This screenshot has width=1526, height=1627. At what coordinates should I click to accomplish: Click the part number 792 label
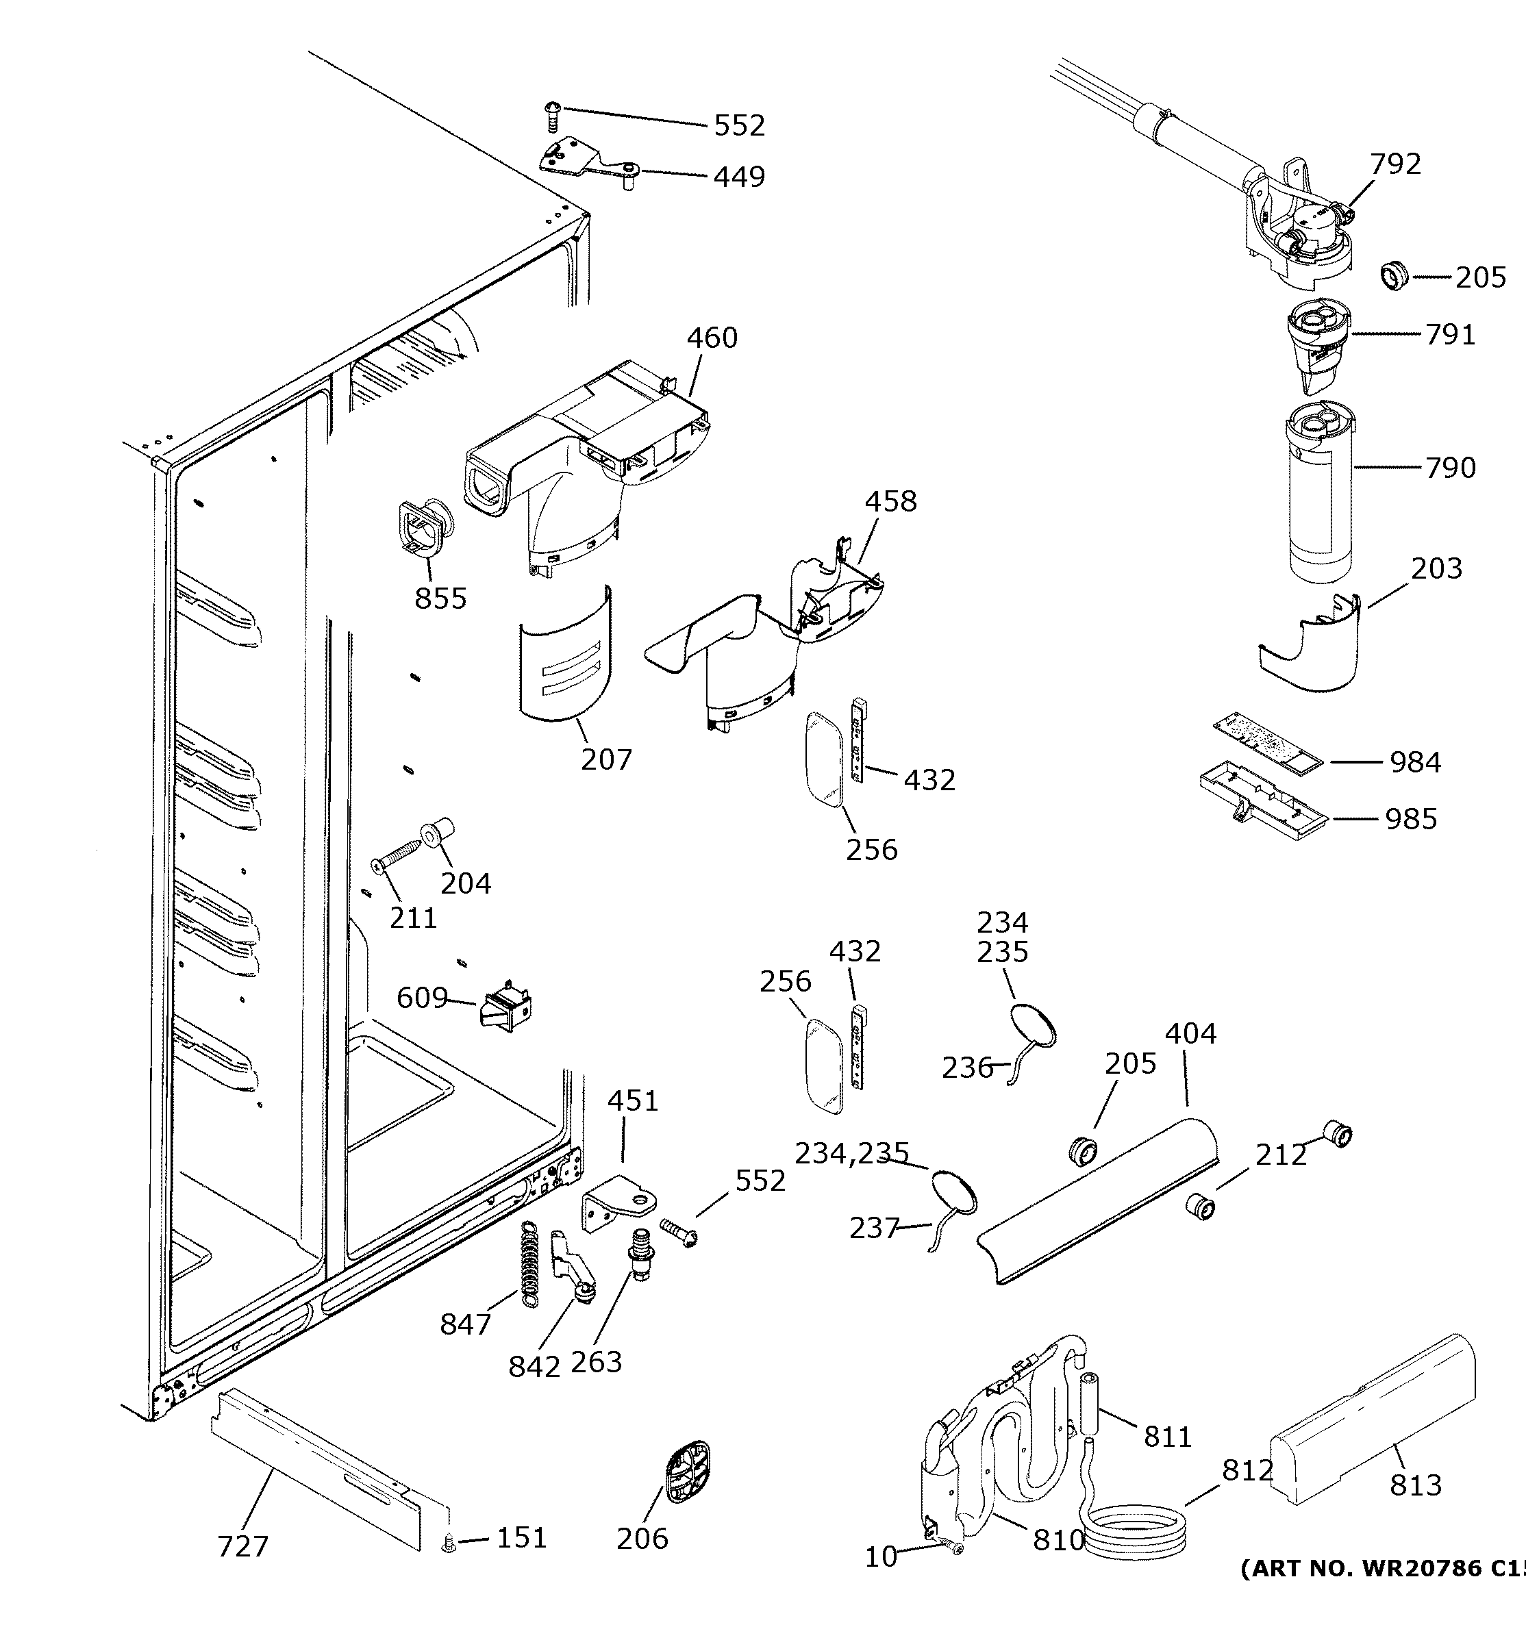point(1395,164)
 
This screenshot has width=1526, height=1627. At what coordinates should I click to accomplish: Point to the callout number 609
point(422,998)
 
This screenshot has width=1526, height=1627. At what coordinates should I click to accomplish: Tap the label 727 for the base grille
point(242,1547)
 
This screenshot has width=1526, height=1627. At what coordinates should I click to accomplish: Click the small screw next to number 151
point(449,1543)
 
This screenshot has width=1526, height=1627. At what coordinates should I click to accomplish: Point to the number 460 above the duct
point(712,337)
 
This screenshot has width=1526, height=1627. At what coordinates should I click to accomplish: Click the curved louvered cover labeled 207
point(565,655)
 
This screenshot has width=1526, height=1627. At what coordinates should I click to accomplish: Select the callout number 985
point(1410,818)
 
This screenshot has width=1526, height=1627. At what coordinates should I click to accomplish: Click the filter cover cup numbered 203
point(1314,646)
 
